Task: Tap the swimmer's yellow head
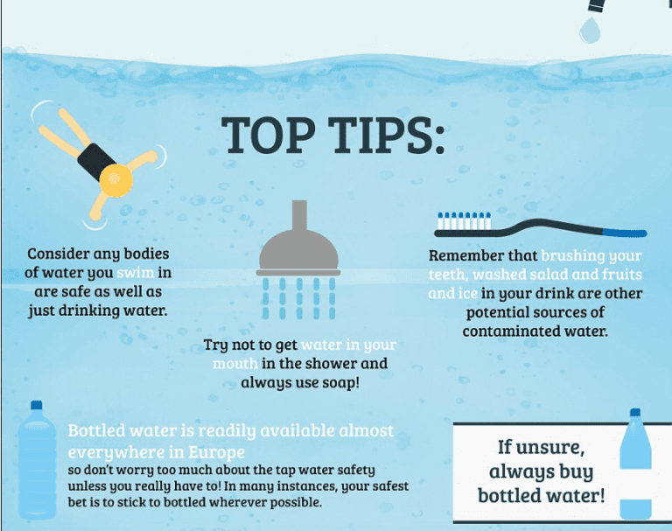[x=115, y=182]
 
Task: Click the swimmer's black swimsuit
[x=95, y=160]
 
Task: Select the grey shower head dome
[x=298, y=252]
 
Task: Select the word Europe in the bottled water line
[x=215, y=451]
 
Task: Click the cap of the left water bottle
[x=36, y=406]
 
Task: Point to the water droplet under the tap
[x=591, y=30]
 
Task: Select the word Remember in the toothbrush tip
[x=466, y=256]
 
